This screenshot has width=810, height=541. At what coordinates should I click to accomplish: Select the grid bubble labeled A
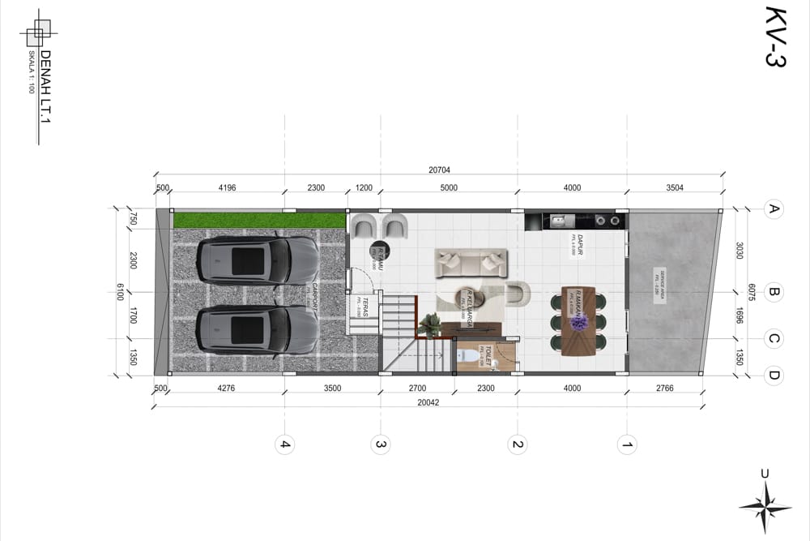point(774,210)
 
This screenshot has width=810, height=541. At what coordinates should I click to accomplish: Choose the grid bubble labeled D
point(774,375)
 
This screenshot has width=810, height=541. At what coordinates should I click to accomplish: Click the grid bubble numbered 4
point(284,444)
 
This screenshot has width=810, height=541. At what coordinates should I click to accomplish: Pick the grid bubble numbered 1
point(626,444)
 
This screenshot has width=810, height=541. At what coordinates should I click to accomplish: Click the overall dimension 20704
point(439,170)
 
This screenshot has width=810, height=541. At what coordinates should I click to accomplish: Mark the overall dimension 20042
point(428,402)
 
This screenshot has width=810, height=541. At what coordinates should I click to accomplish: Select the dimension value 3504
point(675,188)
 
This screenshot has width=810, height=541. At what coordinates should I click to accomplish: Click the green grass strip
point(259,220)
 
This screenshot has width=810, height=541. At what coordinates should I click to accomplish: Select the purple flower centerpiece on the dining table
point(578,322)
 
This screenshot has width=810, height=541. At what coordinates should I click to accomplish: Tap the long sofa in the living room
point(471,263)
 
